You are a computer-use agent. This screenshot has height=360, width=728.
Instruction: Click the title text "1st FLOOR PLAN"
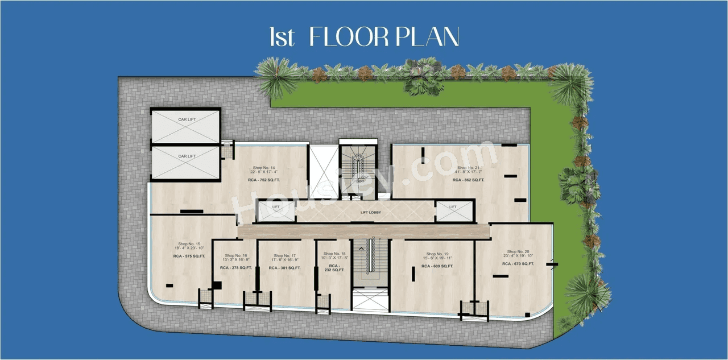(364, 38)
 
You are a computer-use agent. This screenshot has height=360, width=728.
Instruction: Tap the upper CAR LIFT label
(187, 119)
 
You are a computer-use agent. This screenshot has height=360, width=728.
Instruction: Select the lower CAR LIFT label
(187, 156)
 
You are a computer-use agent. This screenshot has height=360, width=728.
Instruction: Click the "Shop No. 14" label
(264, 168)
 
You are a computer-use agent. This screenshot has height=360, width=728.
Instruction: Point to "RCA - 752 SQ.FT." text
(264, 180)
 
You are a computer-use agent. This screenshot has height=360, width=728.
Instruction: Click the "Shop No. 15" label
(189, 244)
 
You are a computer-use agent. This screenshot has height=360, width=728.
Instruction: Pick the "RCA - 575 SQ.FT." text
(189, 256)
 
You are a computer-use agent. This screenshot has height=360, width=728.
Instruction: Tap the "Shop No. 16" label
(236, 256)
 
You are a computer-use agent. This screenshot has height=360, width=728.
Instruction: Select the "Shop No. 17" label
(285, 256)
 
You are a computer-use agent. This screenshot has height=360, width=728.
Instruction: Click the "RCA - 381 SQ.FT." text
(285, 267)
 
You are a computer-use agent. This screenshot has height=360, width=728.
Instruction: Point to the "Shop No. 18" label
(334, 254)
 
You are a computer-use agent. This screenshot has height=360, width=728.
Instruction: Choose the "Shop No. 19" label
(437, 254)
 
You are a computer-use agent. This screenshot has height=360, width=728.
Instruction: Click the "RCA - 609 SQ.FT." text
(437, 266)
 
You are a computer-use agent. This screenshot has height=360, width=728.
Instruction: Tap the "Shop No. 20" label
(518, 251)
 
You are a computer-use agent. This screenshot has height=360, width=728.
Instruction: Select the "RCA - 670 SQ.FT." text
(518, 264)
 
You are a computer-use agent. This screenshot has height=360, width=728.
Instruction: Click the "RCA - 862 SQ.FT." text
(468, 180)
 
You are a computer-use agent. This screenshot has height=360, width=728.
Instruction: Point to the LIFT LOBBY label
(370, 213)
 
